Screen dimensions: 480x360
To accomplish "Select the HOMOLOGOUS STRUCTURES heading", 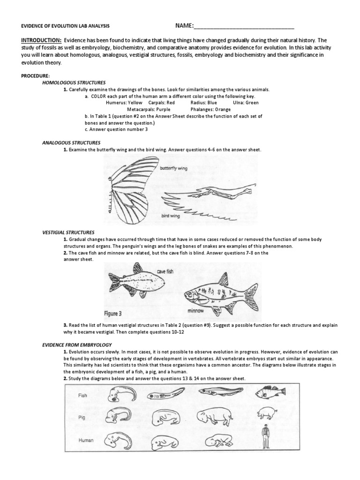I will (74, 82).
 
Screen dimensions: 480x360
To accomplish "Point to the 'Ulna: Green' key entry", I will (245, 102).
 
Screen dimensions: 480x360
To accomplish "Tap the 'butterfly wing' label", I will (173, 167).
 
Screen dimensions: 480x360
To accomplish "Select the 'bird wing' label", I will (172, 217).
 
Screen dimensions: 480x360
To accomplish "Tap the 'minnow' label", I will (195, 310).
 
